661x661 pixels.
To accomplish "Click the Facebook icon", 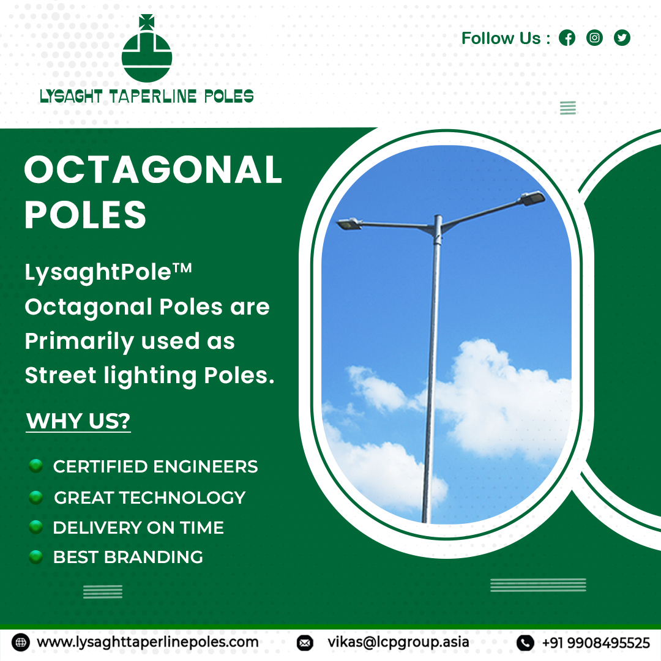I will pos(567,38).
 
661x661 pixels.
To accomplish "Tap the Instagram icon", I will pos(594,38).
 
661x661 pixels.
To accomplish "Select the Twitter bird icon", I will pos(622,38).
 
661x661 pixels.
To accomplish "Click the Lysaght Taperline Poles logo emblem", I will pos(147,49).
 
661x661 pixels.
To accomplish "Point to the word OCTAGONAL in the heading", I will pos(153,170).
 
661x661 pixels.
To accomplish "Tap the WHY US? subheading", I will pos(78,421).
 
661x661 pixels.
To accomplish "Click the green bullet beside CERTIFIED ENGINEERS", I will pos(36,466).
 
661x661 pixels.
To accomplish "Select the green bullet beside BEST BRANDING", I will pos(36,556).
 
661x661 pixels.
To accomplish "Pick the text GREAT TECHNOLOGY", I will pos(149,498).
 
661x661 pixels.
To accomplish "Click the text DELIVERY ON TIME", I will pos(138,528).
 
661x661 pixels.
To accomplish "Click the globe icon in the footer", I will pos(20,643).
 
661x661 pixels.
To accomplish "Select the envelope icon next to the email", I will pos(304,643).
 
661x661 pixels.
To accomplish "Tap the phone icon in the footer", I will pos(525,643).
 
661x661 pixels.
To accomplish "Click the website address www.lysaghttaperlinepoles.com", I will pos(148,642).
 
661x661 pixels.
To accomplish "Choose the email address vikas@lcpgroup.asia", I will pos(398,642).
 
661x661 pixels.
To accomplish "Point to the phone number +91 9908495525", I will pos(596,643).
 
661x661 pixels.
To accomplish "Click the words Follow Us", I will pos(501,39).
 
